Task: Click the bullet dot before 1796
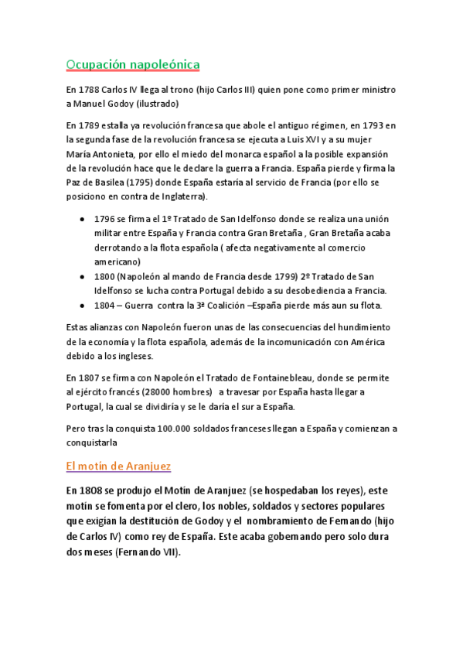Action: [83, 220]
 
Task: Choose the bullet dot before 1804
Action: [83, 304]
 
